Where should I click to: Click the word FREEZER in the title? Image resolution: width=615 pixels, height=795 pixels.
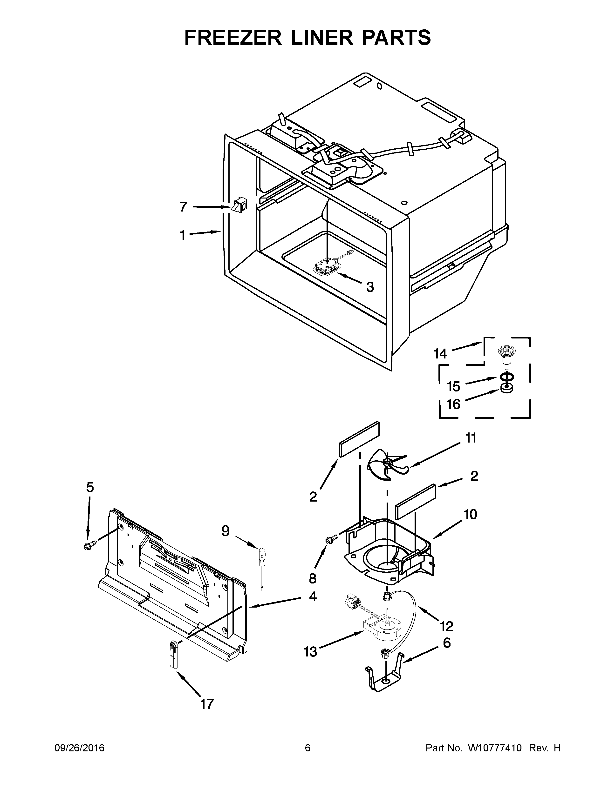click(233, 38)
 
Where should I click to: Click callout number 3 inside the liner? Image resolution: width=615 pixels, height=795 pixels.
click(370, 287)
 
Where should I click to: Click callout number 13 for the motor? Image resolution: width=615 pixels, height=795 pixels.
click(311, 652)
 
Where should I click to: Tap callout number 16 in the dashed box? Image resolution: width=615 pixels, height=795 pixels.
click(454, 404)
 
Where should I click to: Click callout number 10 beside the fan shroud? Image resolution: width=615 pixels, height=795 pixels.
click(470, 514)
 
